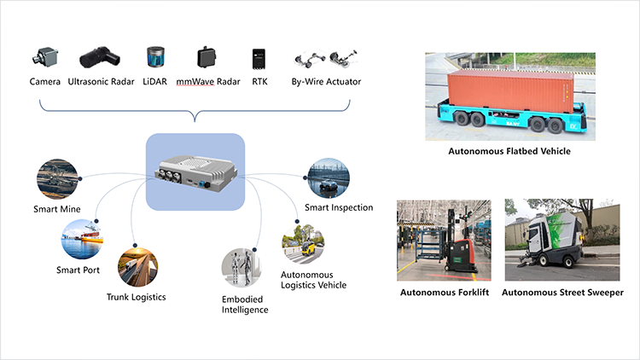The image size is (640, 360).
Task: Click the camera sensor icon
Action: [45, 57]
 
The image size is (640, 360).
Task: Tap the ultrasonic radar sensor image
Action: [100, 57]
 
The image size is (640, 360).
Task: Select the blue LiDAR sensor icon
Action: [155, 57]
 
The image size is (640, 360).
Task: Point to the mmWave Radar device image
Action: [207, 57]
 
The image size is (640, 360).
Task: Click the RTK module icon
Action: [259, 59]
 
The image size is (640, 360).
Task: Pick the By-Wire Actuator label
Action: [326, 82]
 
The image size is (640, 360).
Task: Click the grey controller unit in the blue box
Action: [195, 173]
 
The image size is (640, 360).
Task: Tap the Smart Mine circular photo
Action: [57, 179]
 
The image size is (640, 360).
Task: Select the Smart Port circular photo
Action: [82, 239]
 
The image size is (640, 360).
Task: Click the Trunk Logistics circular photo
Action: [137, 267]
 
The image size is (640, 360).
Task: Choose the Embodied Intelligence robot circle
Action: [241, 268]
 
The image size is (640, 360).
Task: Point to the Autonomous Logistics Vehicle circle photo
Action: [303, 244]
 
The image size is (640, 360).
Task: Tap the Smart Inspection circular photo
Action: [329, 178]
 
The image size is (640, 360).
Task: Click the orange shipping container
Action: [510, 91]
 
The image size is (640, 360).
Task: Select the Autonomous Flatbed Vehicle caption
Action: [509, 151]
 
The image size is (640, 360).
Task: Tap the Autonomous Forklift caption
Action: [445, 293]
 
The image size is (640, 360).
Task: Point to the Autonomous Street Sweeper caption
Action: [563, 293]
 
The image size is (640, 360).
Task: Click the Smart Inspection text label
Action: [339, 207]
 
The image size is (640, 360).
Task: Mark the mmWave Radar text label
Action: [208, 82]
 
